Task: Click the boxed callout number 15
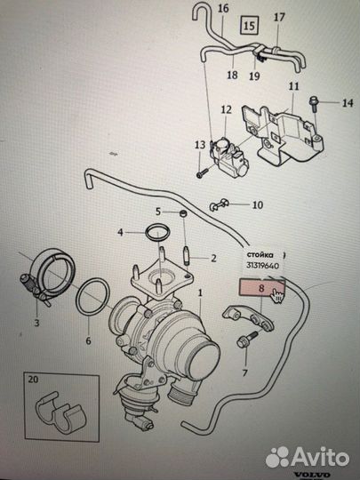coord(249,25)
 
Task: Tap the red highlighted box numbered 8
coord(261,287)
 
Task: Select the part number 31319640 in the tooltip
coord(263,266)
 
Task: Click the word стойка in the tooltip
coord(260,255)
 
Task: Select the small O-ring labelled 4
coord(157,233)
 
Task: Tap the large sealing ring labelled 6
coord(92,296)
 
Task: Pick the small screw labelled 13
coord(203,172)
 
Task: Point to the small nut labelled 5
coord(183,213)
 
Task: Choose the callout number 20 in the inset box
coord(33,380)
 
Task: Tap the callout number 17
coord(278,18)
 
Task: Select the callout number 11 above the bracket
coord(293,86)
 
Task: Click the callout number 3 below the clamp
coord(36,323)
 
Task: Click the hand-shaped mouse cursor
coord(277,295)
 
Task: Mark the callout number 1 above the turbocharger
coord(200,293)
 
